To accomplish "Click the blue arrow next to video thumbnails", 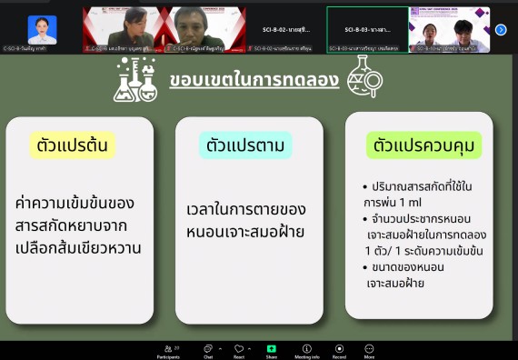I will point(501,29).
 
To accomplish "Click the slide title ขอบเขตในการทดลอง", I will point(254,80).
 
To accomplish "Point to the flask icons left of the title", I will point(135,80).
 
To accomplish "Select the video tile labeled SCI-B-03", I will point(367,27).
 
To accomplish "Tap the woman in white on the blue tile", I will point(42,28).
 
